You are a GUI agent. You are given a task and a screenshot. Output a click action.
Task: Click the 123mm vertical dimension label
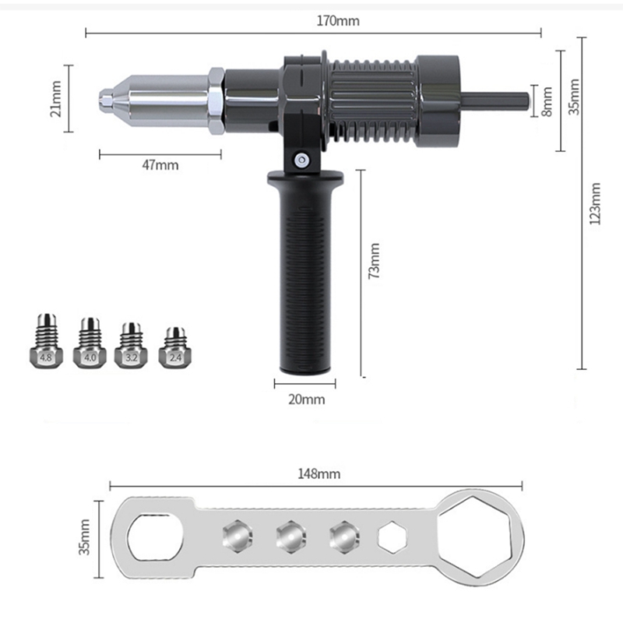(x=596, y=204)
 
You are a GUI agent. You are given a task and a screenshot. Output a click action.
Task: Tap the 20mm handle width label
(x=307, y=399)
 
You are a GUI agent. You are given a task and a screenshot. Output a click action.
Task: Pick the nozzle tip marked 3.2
(x=132, y=344)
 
